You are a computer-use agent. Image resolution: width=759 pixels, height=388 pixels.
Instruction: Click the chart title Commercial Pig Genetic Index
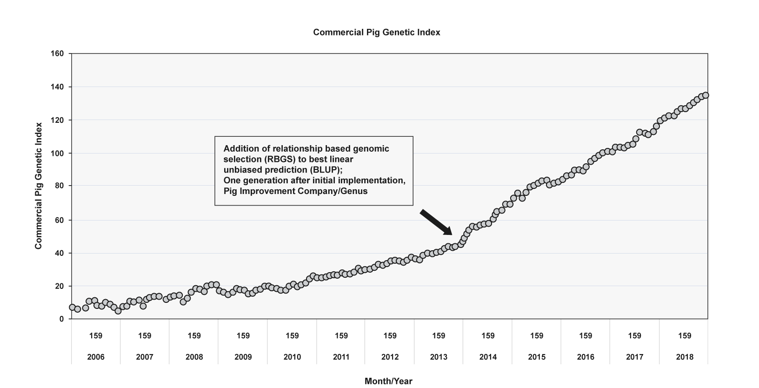(376, 33)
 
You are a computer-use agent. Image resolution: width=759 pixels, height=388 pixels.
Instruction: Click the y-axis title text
(39, 186)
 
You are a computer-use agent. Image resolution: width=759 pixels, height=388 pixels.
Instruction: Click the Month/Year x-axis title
(388, 381)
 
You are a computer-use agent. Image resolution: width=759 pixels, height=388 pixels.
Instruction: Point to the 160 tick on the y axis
(57, 54)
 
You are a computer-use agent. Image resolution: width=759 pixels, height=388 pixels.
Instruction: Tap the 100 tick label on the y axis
(57, 153)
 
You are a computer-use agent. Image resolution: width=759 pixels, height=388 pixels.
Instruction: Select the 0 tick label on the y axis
(61, 319)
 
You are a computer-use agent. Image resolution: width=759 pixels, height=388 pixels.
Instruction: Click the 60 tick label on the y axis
(59, 220)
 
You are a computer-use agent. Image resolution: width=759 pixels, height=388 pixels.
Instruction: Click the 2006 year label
(95, 357)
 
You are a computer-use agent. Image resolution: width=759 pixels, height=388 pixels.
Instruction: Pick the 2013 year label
(439, 357)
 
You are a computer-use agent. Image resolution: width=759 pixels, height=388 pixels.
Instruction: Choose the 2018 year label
(685, 357)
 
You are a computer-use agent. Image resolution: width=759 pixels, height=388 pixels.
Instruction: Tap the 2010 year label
(292, 357)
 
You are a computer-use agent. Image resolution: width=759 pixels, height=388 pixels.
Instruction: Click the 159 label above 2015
(537, 335)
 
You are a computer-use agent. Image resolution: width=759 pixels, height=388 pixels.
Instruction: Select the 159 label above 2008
(194, 335)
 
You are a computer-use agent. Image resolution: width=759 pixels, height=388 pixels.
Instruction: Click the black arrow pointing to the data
(436, 222)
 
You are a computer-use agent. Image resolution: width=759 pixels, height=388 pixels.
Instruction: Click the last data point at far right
(705, 95)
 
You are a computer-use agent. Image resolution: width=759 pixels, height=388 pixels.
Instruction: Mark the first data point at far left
(72, 308)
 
